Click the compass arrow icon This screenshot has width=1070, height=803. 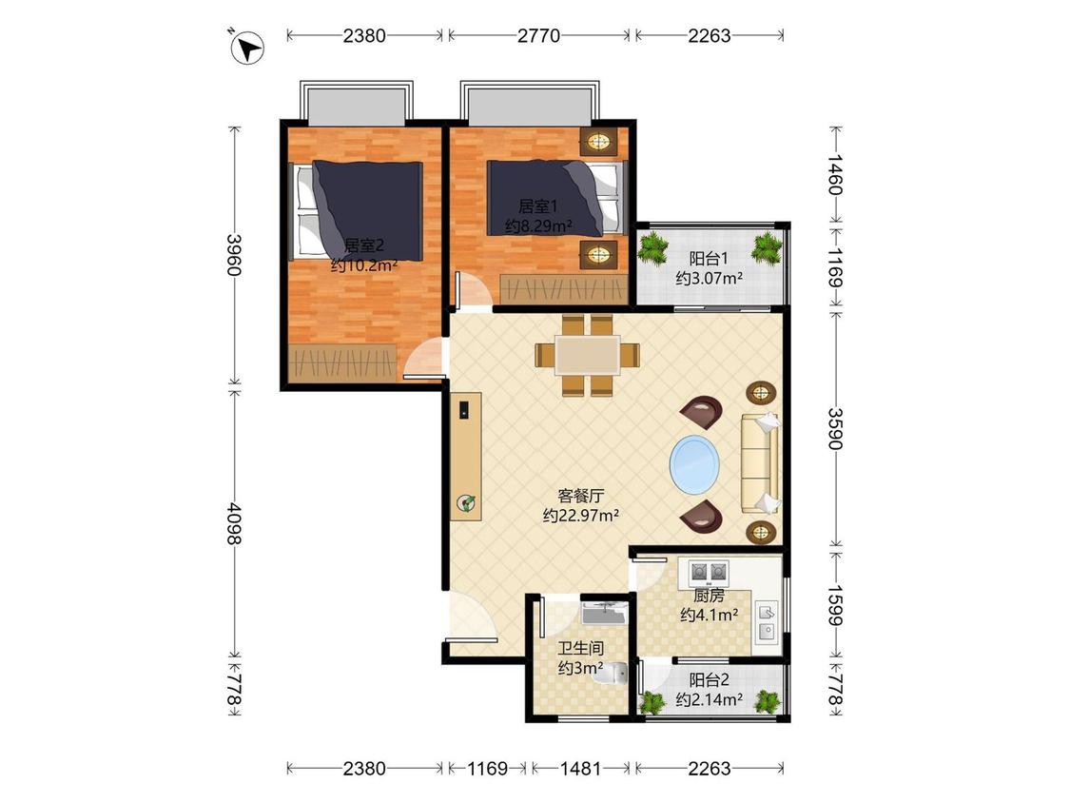(x=246, y=48)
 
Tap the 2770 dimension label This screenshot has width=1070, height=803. (x=538, y=35)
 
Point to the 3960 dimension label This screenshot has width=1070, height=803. (x=234, y=255)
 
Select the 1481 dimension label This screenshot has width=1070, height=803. (x=581, y=769)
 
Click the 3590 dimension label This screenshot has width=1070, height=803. (x=835, y=428)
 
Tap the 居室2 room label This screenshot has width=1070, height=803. (x=363, y=245)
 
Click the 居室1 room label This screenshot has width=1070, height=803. (x=538, y=206)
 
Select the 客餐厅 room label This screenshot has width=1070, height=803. (x=581, y=496)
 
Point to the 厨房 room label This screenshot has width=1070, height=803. (x=709, y=596)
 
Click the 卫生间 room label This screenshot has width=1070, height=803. (x=581, y=649)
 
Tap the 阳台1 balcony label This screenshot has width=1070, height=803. (x=709, y=259)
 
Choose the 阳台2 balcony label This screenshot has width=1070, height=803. (x=709, y=680)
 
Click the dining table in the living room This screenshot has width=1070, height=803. (x=588, y=354)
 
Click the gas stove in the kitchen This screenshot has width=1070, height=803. (x=709, y=572)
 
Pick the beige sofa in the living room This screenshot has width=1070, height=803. (x=761, y=462)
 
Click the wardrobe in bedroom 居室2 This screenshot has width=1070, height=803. (x=341, y=362)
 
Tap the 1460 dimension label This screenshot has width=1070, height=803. (x=835, y=175)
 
